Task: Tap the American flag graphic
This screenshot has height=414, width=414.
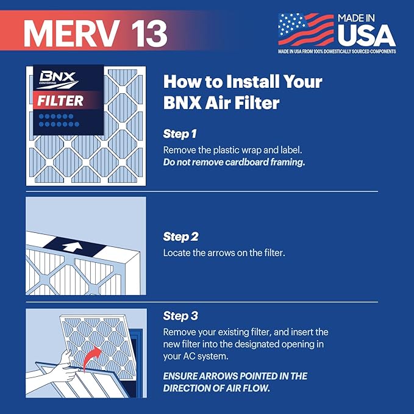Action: pos(306,29)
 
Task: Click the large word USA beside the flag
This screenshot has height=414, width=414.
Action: pos(366,35)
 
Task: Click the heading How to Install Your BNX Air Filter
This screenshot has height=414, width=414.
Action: pos(242,92)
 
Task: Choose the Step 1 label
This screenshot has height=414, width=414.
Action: pos(180,133)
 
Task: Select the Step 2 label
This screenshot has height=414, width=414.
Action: pos(180,236)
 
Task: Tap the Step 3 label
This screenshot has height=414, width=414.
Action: pos(180,316)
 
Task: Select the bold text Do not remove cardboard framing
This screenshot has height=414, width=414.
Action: pos(234,162)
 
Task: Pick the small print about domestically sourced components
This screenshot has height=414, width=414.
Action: pos(337,52)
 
